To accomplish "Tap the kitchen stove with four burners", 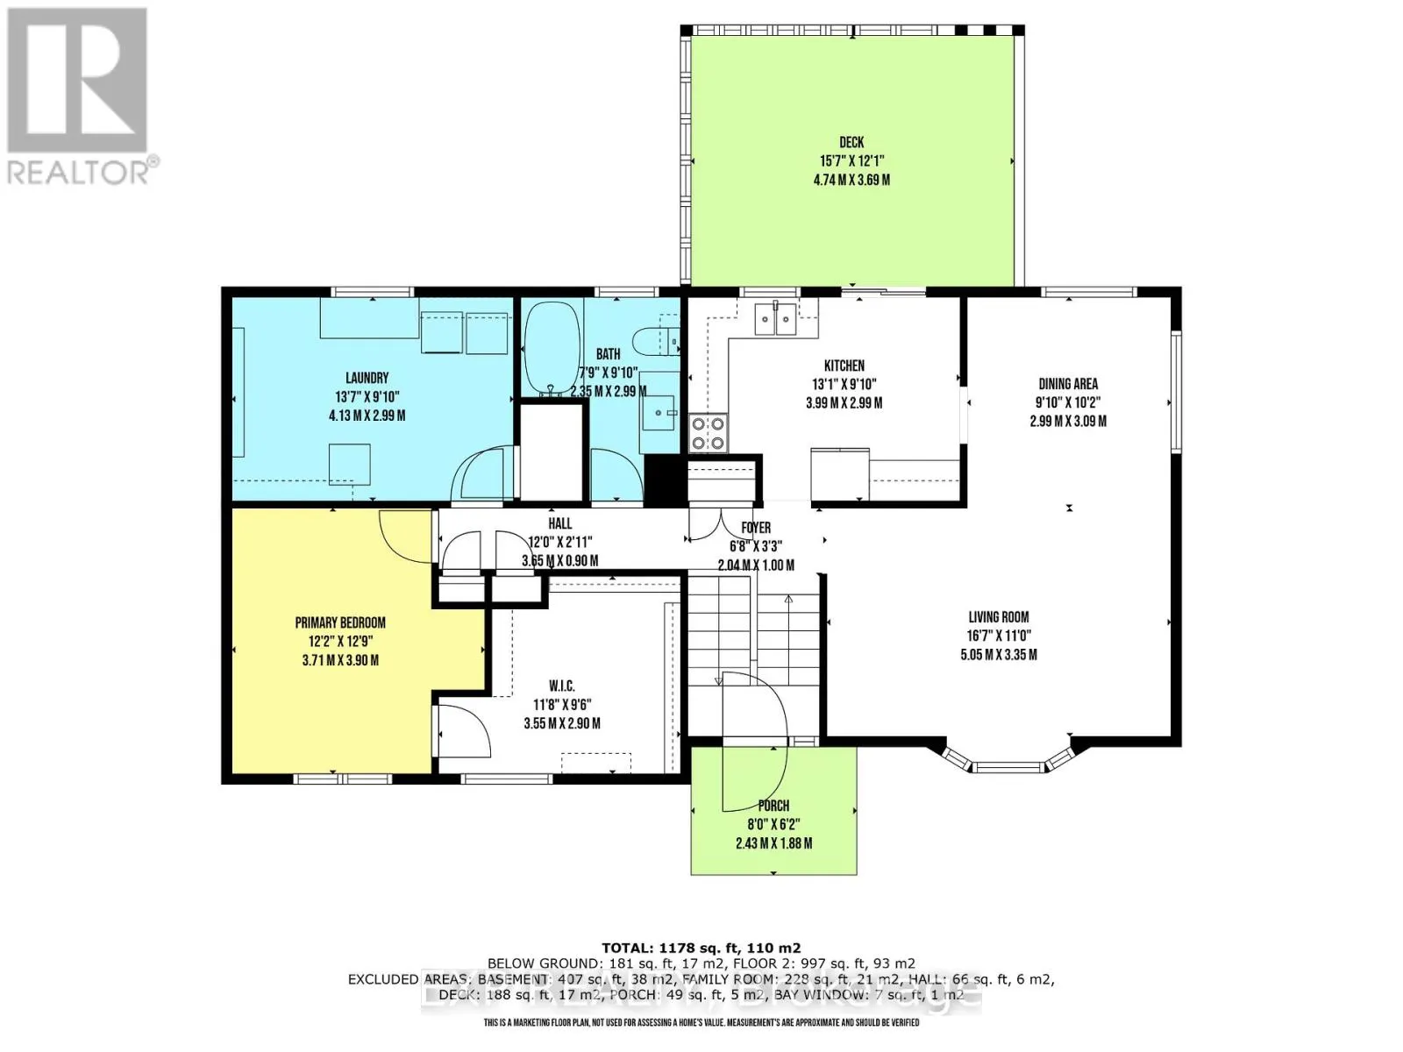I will click(x=709, y=432).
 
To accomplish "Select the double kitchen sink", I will click(x=777, y=318).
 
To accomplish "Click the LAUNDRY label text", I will click(x=367, y=378).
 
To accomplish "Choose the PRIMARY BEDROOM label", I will click(x=340, y=622).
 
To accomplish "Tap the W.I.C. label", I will click(x=561, y=686).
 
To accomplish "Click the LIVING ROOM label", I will click(x=998, y=616).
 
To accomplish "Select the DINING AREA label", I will click(x=1067, y=383).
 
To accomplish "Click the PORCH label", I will click(x=773, y=805).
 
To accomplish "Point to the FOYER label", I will click(x=756, y=528).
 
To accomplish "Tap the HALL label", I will click(x=559, y=523).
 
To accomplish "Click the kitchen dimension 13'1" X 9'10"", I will click(x=844, y=384).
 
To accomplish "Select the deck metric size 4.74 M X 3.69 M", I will click(x=851, y=180).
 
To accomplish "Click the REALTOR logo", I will click(x=79, y=96).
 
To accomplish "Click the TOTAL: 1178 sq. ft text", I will click(x=701, y=948).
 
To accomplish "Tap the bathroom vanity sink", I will click(x=659, y=409).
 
